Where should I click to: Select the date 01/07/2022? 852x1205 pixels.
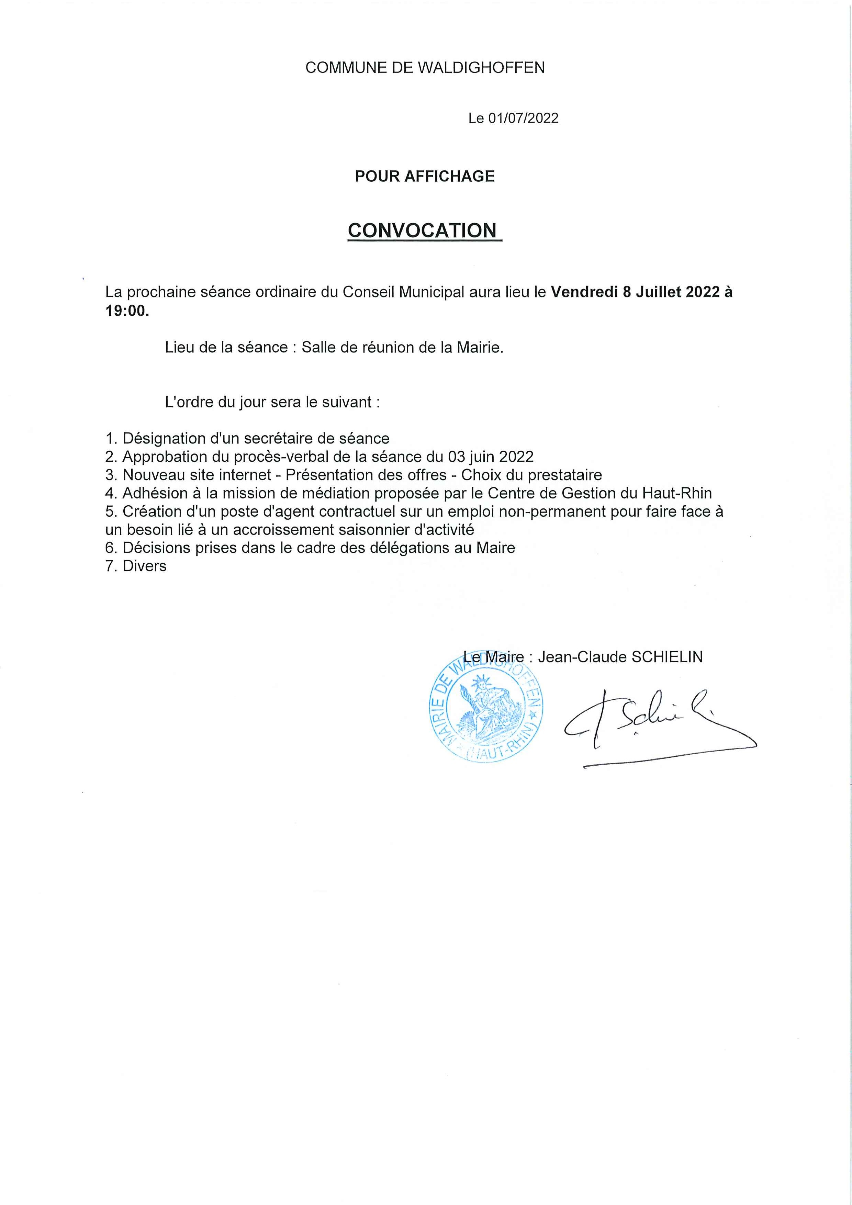[x=523, y=119]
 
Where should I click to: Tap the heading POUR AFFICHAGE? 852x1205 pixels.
[x=425, y=176]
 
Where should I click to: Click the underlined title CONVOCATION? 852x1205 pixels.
[x=422, y=230]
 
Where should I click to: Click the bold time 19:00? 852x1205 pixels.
[x=126, y=311]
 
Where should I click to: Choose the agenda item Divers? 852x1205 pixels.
[x=144, y=566]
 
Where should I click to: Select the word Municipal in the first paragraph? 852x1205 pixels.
[x=431, y=292]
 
